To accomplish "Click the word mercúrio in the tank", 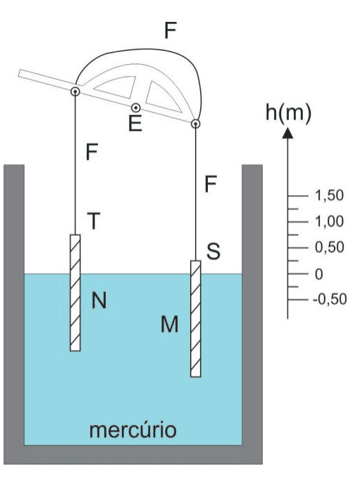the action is [132, 429].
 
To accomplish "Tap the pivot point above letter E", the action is [136, 108].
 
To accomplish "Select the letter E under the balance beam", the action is [135, 123].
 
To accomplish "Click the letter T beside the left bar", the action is [94, 221].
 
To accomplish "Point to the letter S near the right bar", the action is [213, 251].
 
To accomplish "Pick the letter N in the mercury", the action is [99, 301].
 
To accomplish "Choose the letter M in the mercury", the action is [170, 324].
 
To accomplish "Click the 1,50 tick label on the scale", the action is [329, 196].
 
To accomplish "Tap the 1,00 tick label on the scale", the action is [329, 221].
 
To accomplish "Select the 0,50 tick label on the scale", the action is [329, 247].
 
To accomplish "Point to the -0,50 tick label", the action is [330, 299].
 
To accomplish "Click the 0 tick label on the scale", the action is [319, 274].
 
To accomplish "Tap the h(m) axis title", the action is [288, 113].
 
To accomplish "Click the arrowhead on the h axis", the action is [287, 133].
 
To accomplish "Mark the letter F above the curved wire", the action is [170, 30].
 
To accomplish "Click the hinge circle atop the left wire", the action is [75, 91].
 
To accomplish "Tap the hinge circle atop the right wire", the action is [196, 124].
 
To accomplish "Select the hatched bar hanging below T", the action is [75, 293].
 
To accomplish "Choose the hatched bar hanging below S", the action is [196, 319].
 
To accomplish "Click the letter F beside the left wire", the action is [92, 152].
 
